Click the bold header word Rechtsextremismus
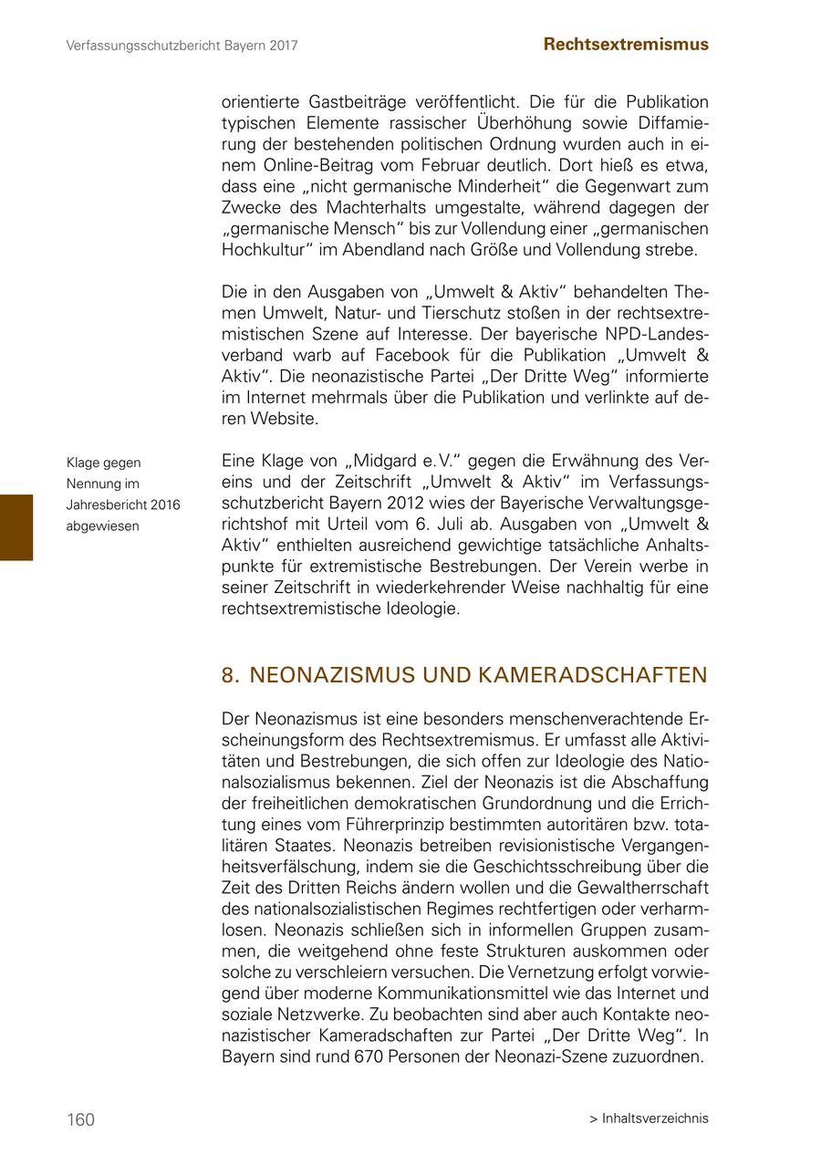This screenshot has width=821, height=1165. pyautogui.click(x=626, y=44)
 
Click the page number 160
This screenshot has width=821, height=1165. pyautogui.click(x=80, y=1119)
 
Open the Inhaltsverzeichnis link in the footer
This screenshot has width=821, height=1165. pyautogui.click(x=655, y=1118)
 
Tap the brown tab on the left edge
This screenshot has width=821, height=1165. pyautogui.click(x=16, y=526)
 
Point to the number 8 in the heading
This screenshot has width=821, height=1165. pyautogui.click(x=228, y=675)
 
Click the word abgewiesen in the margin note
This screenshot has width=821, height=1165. pyautogui.click(x=102, y=526)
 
